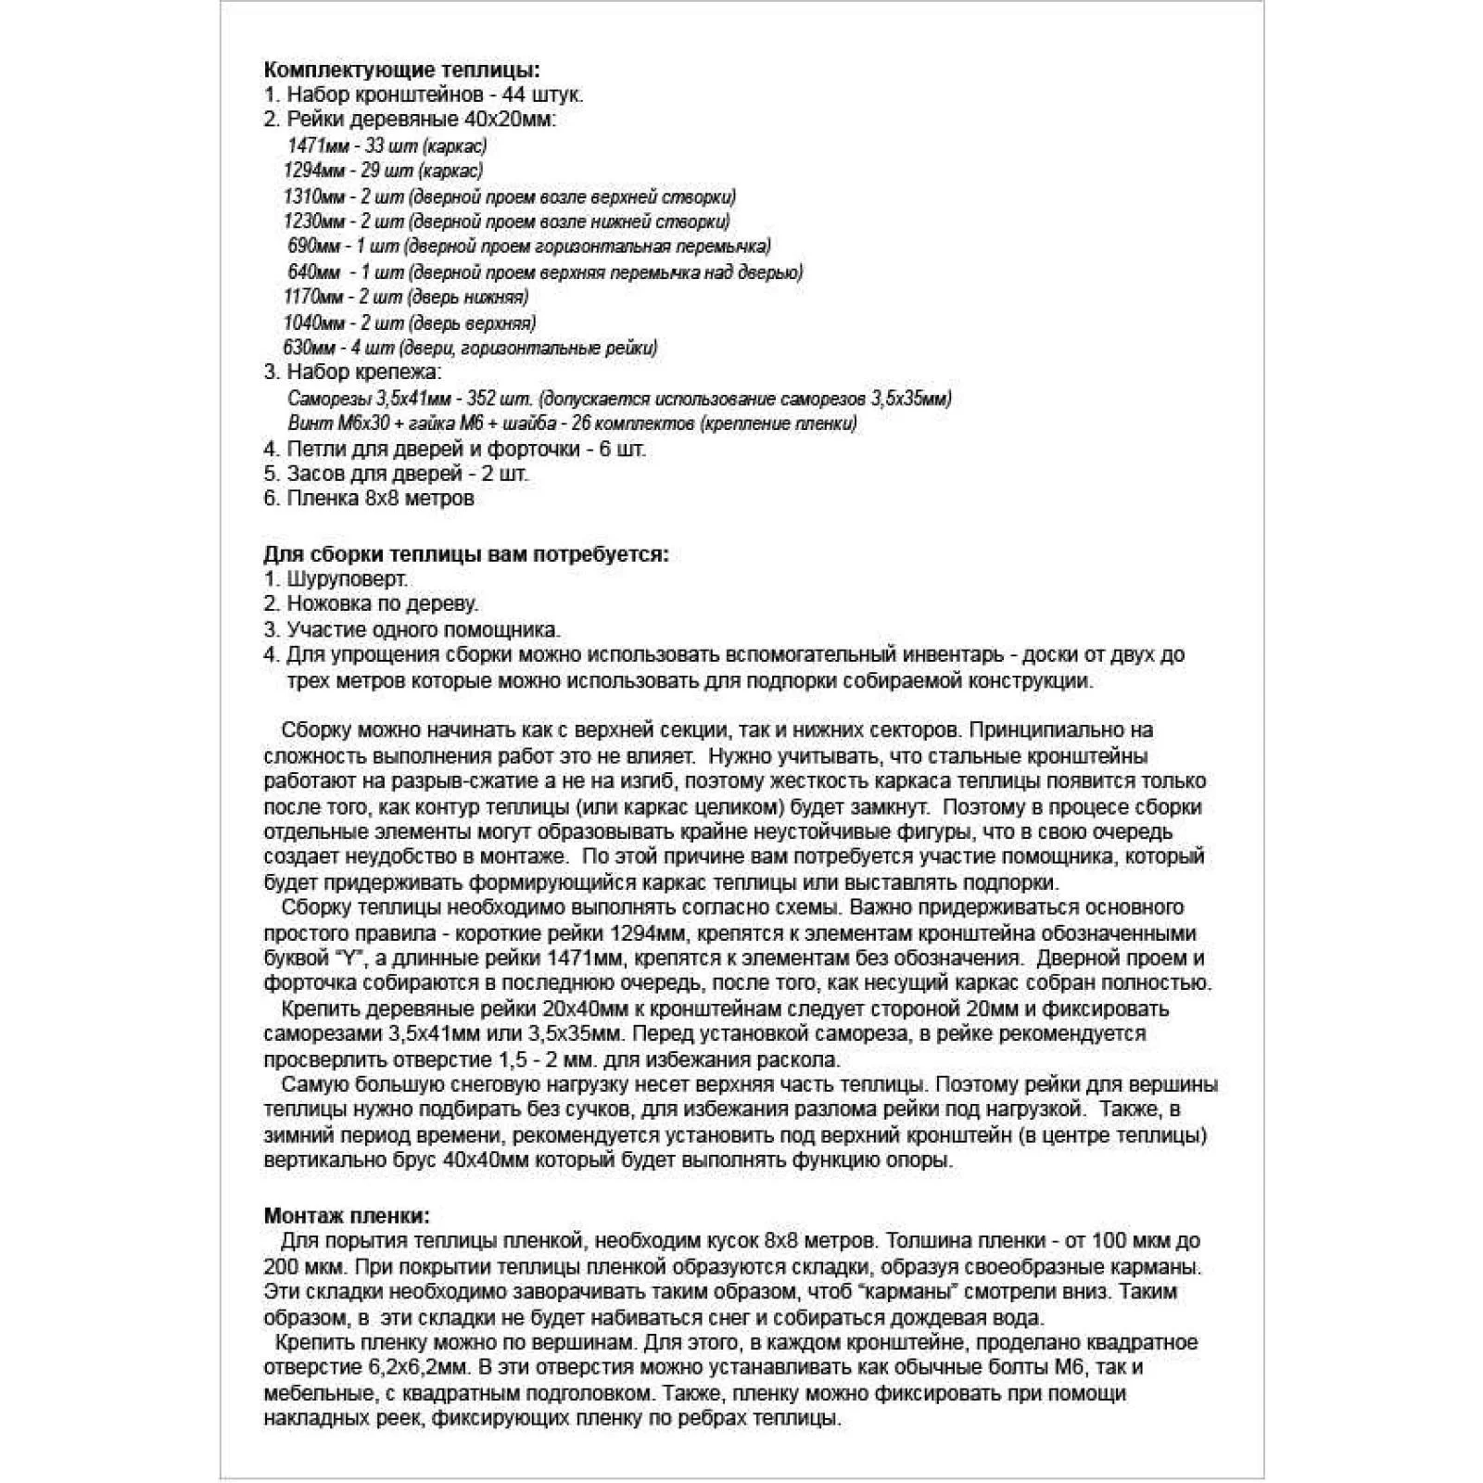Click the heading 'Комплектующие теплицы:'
pos(401,70)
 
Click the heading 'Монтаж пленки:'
pos(347,1215)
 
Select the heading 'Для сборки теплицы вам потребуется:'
pos(466,554)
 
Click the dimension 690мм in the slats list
pos(314,247)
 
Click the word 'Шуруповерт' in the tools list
pos(347,579)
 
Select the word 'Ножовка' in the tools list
pos(325,604)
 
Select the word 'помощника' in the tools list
pos(512,629)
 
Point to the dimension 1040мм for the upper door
pos(314,323)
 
